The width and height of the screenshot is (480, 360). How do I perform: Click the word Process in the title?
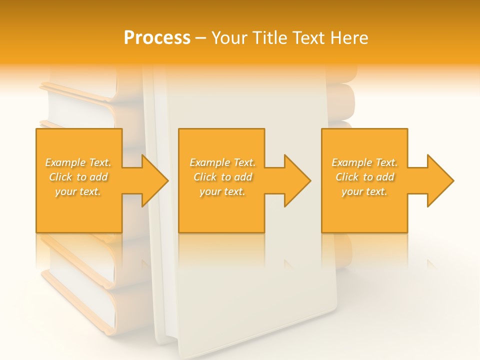coord(157,38)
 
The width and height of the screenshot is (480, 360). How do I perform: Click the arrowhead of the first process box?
coord(153,180)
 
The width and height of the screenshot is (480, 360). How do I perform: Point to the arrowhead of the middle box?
coord(296,180)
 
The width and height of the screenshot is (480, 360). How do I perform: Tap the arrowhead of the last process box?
coord(439,180)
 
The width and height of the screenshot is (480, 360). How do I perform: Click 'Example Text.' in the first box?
coord(78,162)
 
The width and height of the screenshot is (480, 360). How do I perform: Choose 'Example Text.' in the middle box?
coord(222,162)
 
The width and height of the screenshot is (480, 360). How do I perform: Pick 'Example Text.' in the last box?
coord(364,162)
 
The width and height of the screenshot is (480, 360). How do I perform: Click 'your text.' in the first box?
coord(78,191)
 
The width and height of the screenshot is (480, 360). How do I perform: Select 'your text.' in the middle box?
coord(222,191)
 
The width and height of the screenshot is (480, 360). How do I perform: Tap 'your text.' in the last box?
coord(364,191)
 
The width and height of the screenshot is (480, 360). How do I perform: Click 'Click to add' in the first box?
coord(78,177)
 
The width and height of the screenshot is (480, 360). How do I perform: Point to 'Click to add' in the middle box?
coord(222,177)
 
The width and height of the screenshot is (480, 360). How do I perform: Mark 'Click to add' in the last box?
coord(364,177)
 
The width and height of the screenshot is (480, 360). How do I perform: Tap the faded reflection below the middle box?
coord(221,250)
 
